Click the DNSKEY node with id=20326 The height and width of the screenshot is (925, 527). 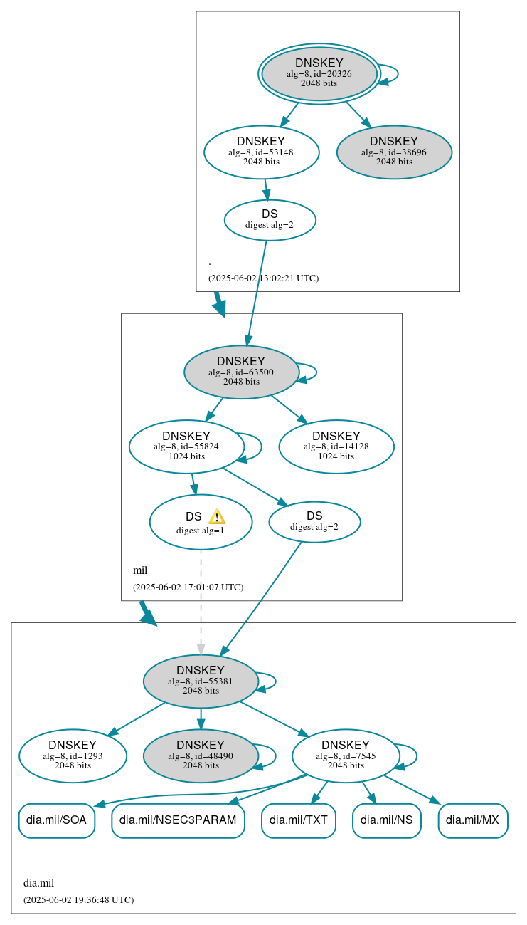tap(319, 73)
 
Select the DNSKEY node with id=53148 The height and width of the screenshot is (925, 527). tap(261, 152)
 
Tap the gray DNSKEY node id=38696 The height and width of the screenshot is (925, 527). tap(394, 152)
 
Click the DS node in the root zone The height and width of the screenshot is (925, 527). tap(270, 219)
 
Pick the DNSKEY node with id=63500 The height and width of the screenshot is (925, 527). tap(241, 372)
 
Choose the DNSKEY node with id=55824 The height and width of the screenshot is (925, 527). tap(186, 446)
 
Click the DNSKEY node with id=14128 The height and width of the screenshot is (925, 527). tap(336, 446)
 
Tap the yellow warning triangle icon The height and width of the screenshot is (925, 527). tap(216, 517)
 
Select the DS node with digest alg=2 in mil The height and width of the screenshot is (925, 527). tap(314, 521)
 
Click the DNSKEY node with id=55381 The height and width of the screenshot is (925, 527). tap(201, 681)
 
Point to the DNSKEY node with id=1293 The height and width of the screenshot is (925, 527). tap(73, 756)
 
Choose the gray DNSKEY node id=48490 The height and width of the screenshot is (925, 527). tap(201, 756)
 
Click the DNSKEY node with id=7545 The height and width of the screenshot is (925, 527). tap(346, 756)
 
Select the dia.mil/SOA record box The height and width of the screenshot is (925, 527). tap(56, 820)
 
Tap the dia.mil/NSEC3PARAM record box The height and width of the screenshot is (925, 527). tap(178, 820)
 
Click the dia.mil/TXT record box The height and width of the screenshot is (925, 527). tap(298, 820)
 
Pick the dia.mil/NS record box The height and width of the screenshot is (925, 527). tap(386, 820)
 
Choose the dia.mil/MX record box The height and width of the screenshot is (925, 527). tap(473, 820)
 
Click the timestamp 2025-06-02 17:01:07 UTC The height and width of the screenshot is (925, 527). tap(188, 587)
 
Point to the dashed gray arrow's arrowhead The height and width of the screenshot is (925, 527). tap(201, 649)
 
